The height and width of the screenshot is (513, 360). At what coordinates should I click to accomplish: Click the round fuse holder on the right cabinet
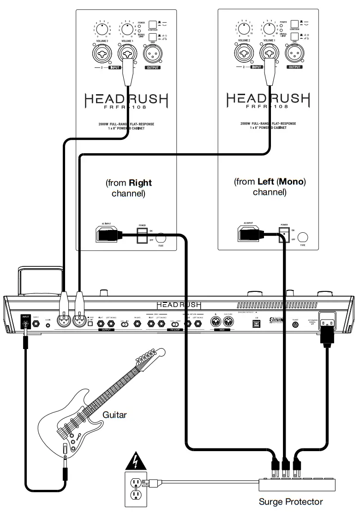pyautogui.click(x=303, y=237)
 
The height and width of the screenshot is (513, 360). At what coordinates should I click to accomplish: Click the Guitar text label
pyautogui.click(x=115, y=415)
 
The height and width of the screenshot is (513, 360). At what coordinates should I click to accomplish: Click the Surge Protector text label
pyautogui.click(x=290, y=501)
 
